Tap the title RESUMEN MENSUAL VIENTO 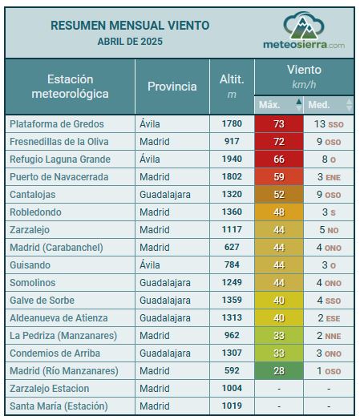tap(130, 26)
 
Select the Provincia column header tap(172, 87)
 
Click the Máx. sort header tap(278, 104)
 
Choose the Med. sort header tap(329, 104)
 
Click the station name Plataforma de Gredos tap(57, 124)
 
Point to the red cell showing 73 tap(279, 124)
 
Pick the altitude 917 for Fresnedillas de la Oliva tap(232, 141)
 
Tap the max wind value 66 tap(279, 160)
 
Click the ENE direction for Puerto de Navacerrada tap(333, 178)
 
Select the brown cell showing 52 tap(279, 195)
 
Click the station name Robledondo tap(35, 212)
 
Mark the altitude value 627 tap(232, 247)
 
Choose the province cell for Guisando tap(150, 265)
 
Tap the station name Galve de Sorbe tap(42, 301)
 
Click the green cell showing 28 tap(279, 371)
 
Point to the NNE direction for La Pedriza tap(333, 337)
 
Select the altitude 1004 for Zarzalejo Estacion tap(232, 388)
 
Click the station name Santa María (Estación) tap(59, 406)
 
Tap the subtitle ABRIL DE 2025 tap(130, 42)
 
